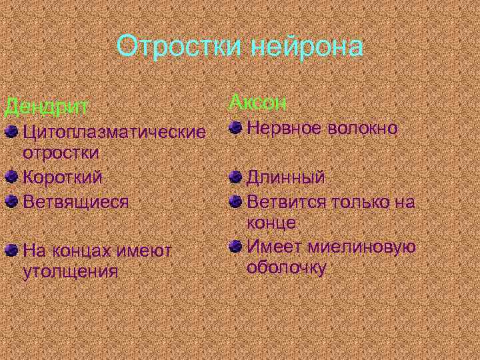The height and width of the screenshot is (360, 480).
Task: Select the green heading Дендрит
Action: pyautogui.click(x=47, y=105)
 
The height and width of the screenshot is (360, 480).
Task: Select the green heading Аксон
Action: pyautogui.click(x=258, y=103)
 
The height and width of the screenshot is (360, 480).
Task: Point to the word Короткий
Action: pyautogui.click(x=63, y=177)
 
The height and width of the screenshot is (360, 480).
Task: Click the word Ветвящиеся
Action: pyautogui.click(x=75, y=201)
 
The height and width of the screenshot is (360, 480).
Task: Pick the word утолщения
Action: pyautogui.click(x=70, y=271)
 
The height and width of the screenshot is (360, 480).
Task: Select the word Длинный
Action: pyautogui.click(x=286, y=178)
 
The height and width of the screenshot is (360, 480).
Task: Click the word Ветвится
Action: pyautogui.click(x=285, y=201)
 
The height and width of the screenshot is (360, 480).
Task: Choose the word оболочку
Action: pyautogui.click(x=287, y=268)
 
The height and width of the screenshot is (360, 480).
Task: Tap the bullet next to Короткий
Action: pyautogui.click(x=11, y=177)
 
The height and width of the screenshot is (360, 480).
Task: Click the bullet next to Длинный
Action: pyautogui.click(x=234, y=178)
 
